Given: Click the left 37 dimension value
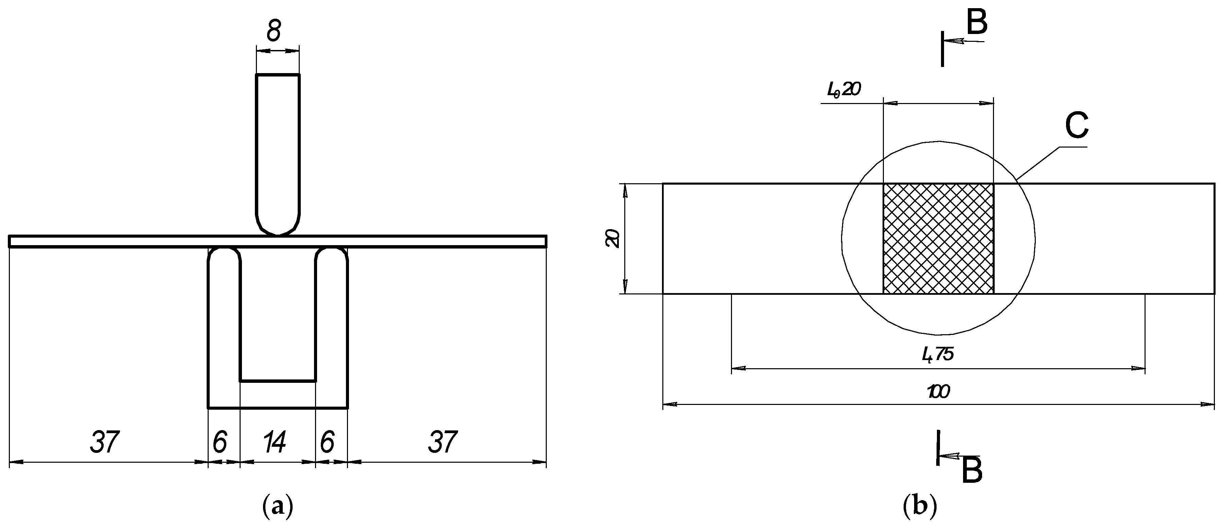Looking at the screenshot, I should coord(105,442).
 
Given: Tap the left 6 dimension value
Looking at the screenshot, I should coord(220,442).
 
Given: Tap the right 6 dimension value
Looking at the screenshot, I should coord(327,442).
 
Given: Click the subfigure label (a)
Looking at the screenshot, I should coord(278,507).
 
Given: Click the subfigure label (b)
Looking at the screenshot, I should coord(920,507).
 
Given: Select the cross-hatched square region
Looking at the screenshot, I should coord(938,239).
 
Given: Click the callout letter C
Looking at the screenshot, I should coord(1077,125).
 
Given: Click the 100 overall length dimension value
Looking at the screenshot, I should coord(938,392).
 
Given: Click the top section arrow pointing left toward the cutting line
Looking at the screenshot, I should coord(955,41).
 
